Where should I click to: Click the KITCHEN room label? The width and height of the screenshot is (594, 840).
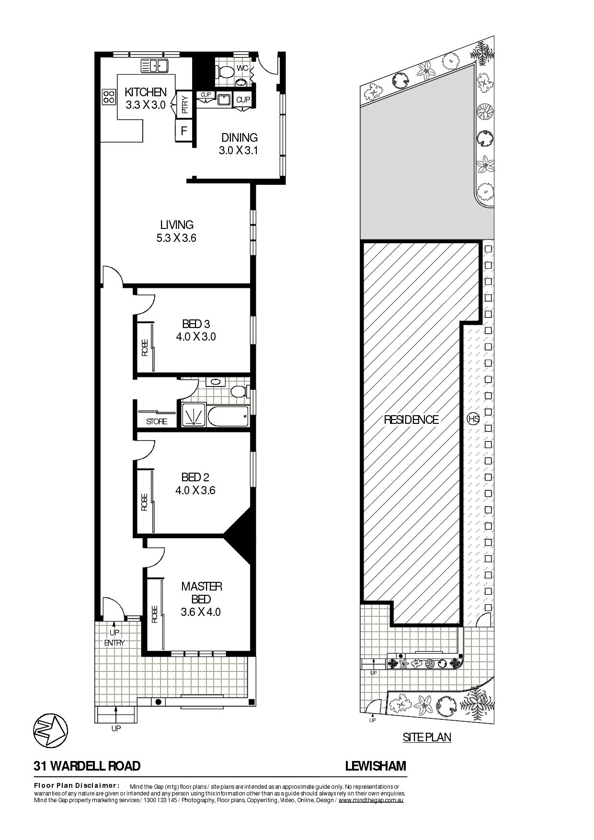pyautogui.click(x=146, y=92)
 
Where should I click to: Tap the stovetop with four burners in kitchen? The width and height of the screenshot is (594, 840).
pyautogui.click(x=109, y=97)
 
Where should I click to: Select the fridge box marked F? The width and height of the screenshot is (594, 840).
pyautogui.click(x=183, y=131)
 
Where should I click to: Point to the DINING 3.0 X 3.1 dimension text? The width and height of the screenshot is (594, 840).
pyautogui.click(x=239, y=150)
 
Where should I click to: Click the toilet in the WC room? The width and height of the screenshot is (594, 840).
pyautogui.click(x=225, y=72)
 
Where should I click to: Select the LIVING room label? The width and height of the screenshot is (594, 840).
pyautogui.click(x=177, y=225)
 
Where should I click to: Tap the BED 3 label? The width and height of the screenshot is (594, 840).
pyautogui.click(x=195, y=325)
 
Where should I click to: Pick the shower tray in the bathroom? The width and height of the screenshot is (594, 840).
pyautogui.click(x=193, y=415)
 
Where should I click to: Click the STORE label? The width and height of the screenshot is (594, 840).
pyautogui.click(x=157, y=421)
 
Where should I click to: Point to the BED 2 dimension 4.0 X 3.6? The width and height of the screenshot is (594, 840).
pyautogui.click(x=195, y=490)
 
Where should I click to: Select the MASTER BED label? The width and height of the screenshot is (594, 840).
pyautogui.click(x=201, y=592)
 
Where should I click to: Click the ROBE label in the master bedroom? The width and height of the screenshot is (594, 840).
pyautogui.click(x=154, y=614)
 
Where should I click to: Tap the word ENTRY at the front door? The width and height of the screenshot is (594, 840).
pyautogui.click(x=114, y=643)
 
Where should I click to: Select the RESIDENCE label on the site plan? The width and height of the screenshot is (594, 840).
pyautogui.click(x=411, y=420)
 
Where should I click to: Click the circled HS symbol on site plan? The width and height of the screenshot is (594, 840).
pyautogui.click(x=473, y=419)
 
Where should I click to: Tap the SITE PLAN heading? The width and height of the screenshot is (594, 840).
pyautogui.click(x=427, y=737)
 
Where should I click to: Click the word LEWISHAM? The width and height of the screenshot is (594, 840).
pyautogui.click(x=376, y=766)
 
